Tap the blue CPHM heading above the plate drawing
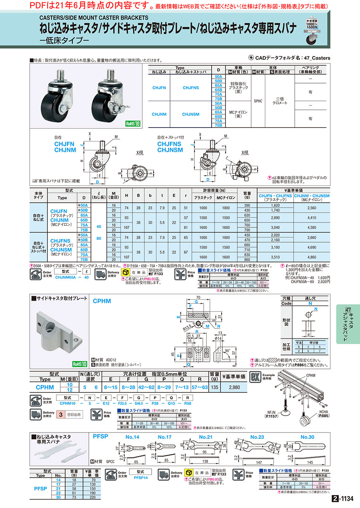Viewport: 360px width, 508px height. point(102,301)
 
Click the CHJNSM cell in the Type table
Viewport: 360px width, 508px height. point(191,114)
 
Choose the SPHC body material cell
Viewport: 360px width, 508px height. point(258,101)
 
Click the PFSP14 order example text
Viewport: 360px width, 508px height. point(141,477)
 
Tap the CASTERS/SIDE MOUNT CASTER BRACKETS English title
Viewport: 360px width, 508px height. point(94,18)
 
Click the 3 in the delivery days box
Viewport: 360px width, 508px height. point(60,414)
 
